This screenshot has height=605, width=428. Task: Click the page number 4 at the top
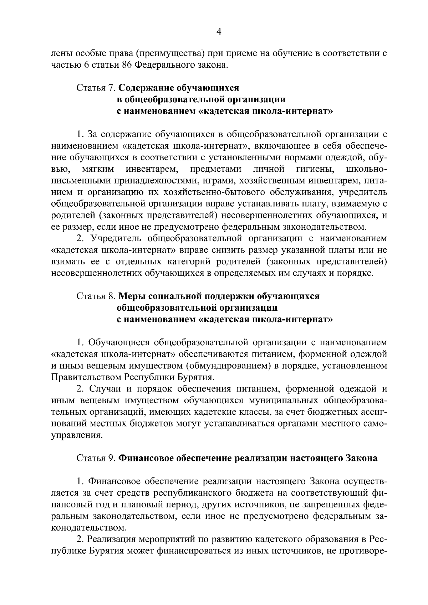coord(219,32)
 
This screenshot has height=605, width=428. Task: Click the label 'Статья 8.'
coord(96,296)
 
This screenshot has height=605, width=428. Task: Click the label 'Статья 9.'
coord(96,458)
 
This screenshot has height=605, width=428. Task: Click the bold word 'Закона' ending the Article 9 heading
coord(362,458)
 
